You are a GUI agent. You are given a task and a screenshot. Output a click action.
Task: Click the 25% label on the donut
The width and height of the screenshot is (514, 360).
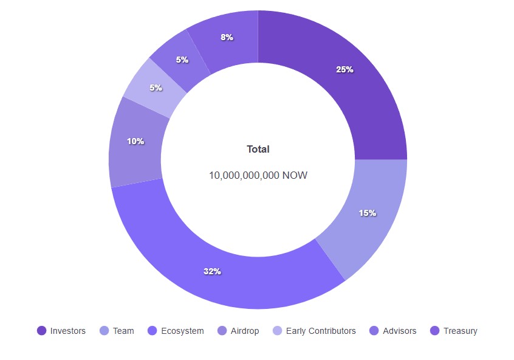(344, 69)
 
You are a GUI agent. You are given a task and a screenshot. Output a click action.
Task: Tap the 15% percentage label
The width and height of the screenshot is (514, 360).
(368, 213)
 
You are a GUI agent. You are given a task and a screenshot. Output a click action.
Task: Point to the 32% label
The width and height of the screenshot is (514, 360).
(212, 271)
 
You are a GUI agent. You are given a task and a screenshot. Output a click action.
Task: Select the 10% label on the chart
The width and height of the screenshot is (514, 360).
(135, 141)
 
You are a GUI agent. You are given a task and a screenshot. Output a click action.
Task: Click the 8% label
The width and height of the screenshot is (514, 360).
(227, 37)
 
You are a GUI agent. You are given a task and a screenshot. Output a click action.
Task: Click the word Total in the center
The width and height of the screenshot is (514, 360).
(258, 149)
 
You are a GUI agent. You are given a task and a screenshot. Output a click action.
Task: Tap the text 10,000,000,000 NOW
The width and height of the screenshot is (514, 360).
(258, 175)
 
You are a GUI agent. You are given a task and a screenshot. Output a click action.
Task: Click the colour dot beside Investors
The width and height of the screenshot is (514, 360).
(41, 331)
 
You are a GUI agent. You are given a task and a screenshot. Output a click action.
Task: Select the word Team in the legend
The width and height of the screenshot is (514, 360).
(123, 331)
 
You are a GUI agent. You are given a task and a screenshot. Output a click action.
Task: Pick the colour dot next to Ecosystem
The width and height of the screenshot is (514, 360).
(152, 331)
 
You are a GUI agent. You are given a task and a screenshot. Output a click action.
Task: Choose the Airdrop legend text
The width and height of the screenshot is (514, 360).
(245, 331)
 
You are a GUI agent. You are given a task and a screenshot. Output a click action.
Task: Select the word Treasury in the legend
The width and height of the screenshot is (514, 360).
(460, 331)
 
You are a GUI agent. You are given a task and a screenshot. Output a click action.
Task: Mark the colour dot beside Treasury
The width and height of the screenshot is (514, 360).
(434, 331)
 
